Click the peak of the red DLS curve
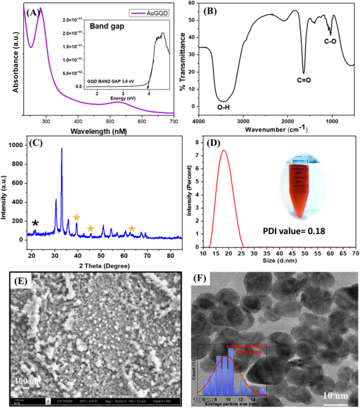click(x=224, y=151)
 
